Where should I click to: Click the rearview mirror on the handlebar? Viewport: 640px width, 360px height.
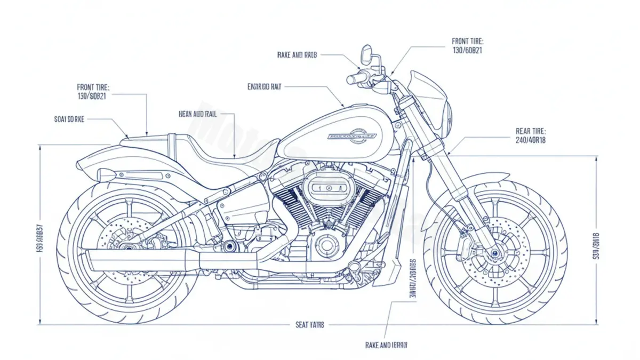[366, 53]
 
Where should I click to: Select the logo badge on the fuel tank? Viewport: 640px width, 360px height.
[352, 135]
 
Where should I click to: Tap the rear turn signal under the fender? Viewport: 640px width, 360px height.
[107, 175]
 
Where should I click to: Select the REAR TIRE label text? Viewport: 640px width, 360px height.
[531, 131]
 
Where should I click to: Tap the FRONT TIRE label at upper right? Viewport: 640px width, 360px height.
[467, 41]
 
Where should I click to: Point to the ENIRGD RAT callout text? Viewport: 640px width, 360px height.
[265, 86]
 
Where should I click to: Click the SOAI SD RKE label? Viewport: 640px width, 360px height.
[69, 119]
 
